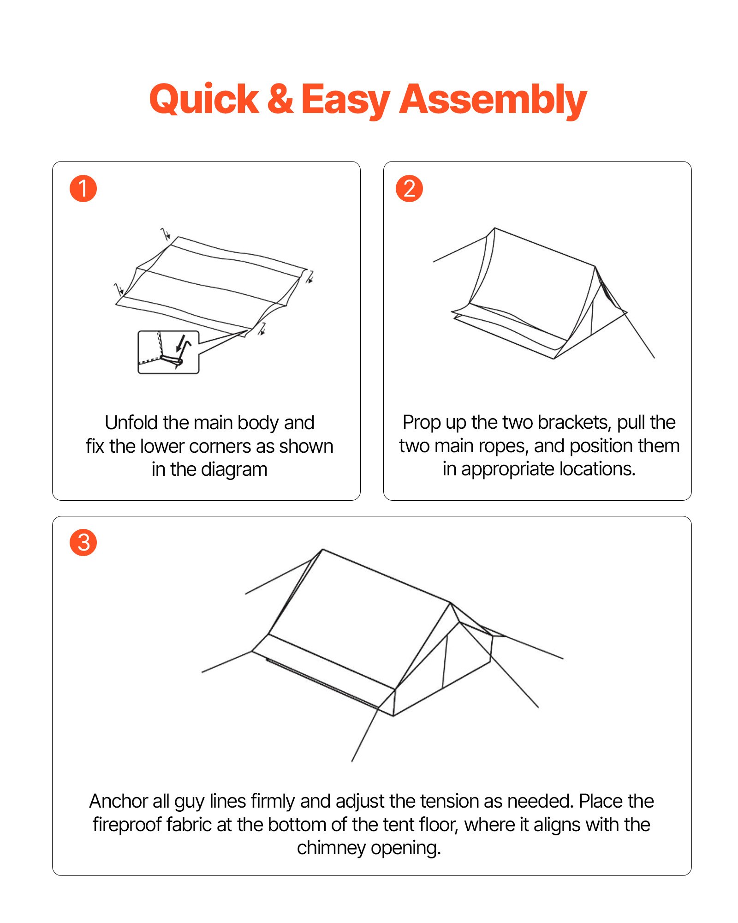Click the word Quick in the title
(x=204, y=99)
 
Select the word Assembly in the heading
(x=493, y=99)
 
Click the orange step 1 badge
(x=83, y=189)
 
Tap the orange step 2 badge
(x=409, y=189)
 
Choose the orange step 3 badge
(x=83, y=543)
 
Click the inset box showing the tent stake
(x=168, y=352)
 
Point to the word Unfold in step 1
(x=132, y=423)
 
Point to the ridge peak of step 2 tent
(x=495, y=228)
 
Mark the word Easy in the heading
(x=345, y=99)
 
